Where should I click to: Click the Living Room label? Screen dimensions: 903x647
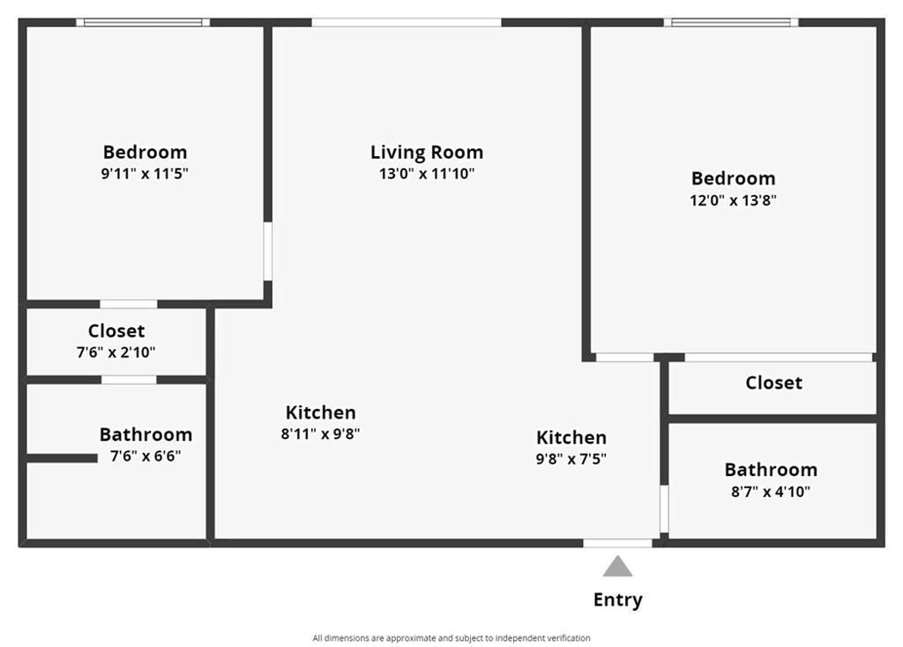427,152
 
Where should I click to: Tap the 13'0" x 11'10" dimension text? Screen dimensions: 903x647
427,174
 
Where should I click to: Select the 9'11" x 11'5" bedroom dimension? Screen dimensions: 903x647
146,174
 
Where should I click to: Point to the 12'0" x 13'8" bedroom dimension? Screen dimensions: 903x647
733,200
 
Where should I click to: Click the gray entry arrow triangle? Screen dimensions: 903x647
617,567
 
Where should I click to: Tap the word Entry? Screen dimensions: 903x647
618,599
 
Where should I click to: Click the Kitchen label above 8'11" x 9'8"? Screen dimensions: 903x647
321,413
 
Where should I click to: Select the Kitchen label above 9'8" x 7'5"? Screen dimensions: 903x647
571,437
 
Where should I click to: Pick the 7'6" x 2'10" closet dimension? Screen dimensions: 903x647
116,352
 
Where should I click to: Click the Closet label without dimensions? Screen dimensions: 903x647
774,383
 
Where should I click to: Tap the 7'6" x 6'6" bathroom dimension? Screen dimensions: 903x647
146,456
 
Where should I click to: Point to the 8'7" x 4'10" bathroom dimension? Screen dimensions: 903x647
771,492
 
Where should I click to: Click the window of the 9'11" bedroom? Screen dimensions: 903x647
143,22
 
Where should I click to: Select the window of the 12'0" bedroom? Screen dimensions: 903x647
731,22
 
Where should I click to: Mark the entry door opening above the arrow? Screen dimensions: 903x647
617,543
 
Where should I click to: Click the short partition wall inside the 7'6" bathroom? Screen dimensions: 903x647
62,458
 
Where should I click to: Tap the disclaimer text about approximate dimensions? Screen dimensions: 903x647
451,638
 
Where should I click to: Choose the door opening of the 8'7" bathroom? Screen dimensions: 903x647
664,509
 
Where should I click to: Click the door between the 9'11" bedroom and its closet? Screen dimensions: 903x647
129,304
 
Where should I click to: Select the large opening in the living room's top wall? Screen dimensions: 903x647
407,22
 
